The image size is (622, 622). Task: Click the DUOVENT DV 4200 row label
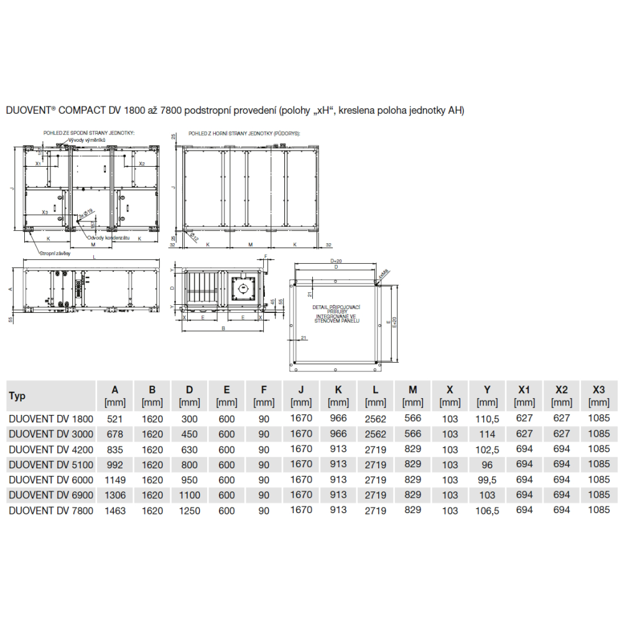[x=50, y=449]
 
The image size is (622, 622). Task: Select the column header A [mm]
[x=115, y=396]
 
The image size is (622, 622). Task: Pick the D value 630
[x=190, y=449]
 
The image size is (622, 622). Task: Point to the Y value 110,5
[x=488, y=419]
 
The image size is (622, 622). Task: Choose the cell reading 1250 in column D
[x=190, y=511]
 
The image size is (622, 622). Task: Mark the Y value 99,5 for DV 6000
[x=488, y=480]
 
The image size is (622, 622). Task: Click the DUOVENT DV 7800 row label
[x=50, y=511]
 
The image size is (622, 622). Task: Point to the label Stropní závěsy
[x=55, y=254]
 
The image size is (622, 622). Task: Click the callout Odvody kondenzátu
[x=108, y=238]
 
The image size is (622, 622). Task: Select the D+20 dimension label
[x=337, y=261]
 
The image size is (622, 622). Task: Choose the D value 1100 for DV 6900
[x=190, y=495]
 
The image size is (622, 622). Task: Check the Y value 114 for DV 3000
[x=488, y=434]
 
